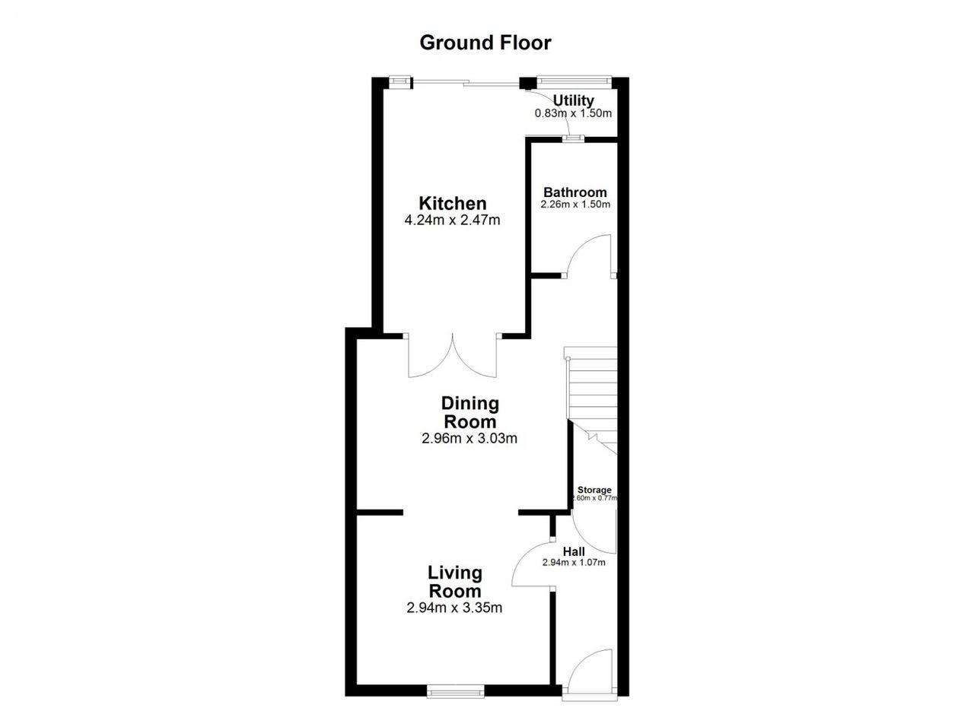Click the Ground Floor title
[x=485, y=43]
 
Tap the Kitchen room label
[x=452, y=203]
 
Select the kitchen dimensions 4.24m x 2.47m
[x=452, y=221]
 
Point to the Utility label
[x=574, y=101]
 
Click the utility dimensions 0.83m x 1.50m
[x=573, y=113]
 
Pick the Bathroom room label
[x=575, y=192]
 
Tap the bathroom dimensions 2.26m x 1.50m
[x=575, y=205]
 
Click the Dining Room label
[x=470, y=412]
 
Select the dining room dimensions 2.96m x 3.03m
[x=469, y=439]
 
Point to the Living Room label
[x=455, y=582]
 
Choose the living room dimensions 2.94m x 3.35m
[x=454, y=608]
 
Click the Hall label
[x=574, y=552]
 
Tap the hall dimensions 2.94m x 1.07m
[x=574, y=563]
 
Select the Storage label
[x=594, y=490]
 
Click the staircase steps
[x=592, y=400]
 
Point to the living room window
[x=455, y=691]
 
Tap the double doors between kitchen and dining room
[x=452, y=356]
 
